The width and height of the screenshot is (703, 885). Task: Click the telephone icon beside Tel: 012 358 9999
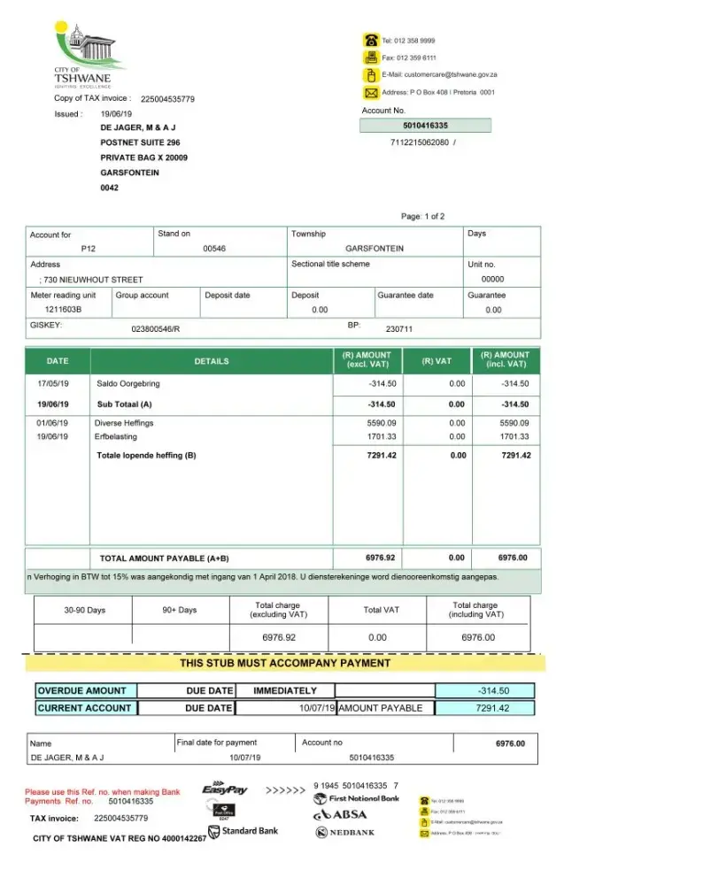click(x=370, y=40)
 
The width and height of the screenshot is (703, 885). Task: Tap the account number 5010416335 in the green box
click(x=425, y=126)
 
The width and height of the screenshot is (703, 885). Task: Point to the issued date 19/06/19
click(x=116, y=114)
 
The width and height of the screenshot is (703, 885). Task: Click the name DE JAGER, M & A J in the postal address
click(x=138, y=127)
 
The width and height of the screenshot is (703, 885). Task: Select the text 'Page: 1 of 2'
click(x=422, y=217)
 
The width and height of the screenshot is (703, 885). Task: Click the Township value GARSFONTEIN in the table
click(x=374, y=249)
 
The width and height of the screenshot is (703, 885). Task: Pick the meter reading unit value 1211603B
click(x=63, y=310)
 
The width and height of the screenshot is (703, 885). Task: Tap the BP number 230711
click(x=399, y=329)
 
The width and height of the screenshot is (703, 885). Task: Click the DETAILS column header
click(x=212, y=361)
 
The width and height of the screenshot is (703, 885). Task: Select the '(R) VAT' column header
click(x=436, y=361)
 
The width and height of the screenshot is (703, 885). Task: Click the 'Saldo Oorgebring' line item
click(x=128, y=384)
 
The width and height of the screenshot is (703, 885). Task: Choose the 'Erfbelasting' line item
click(x=117, y=436)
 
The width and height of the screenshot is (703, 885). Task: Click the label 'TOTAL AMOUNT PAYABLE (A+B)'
click(x=164, y=558)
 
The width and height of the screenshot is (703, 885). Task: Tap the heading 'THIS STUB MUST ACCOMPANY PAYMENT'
click(x=285, y=663)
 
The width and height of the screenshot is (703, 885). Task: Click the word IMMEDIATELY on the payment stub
click(x=285, y=690)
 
